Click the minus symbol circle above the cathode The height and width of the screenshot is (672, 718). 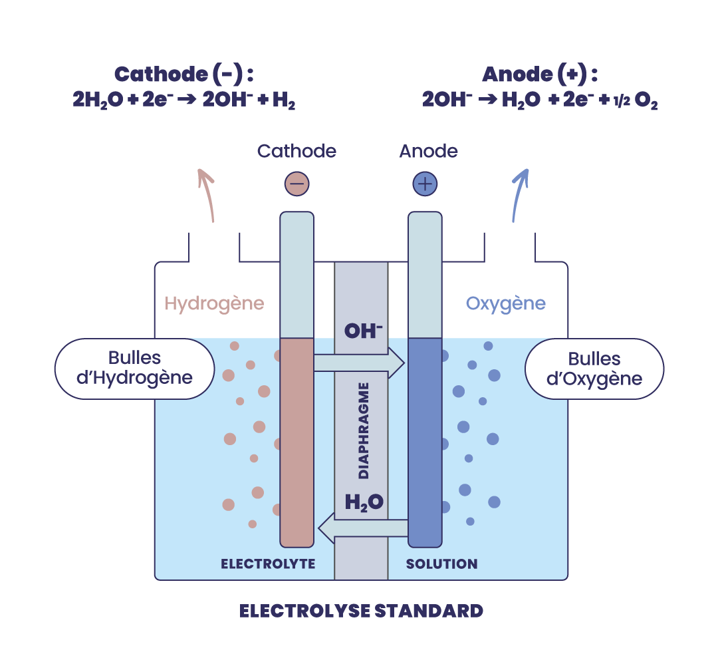[297, 184]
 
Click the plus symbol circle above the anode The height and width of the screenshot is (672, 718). [425, 184]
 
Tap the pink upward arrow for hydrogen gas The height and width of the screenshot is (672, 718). [207, 195]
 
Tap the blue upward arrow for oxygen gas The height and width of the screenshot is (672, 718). [520, 195]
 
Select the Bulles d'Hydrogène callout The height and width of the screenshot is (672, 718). [134, 369]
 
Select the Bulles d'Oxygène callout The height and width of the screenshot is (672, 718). [594, 369]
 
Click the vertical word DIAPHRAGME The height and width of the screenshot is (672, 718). [364, 431]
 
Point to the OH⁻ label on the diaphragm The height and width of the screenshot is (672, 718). [363, 331]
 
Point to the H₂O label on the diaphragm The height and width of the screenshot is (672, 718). [364, 502]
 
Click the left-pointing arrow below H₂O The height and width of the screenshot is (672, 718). [363, 528]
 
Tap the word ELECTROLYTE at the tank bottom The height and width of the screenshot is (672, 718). [269, 564]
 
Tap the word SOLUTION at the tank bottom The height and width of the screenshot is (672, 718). [442, 564]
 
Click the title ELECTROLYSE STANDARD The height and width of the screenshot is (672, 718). [361, 611]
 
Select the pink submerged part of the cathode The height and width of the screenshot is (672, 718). [297, 442]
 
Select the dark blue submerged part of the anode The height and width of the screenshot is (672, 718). [425, 442]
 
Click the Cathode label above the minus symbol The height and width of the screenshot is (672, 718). [297, 151]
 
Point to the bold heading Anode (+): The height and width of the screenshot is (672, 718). [540, 75]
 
